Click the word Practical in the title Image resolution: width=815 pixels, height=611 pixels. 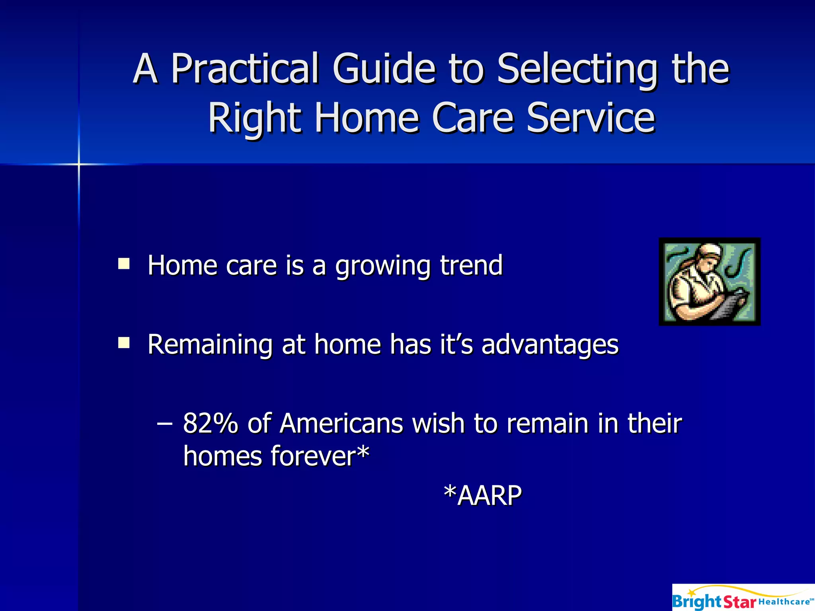click(245, 69)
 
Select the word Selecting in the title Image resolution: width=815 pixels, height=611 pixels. click(577, 69)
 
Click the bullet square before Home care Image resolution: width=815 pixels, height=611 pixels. click(124, 264)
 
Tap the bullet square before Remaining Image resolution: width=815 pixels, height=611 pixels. click(124, 342)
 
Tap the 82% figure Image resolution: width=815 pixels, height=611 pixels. click(210, 423)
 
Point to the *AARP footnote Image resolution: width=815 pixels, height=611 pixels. click(482, 496)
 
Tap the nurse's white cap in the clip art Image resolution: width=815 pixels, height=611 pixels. click(708, 251)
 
